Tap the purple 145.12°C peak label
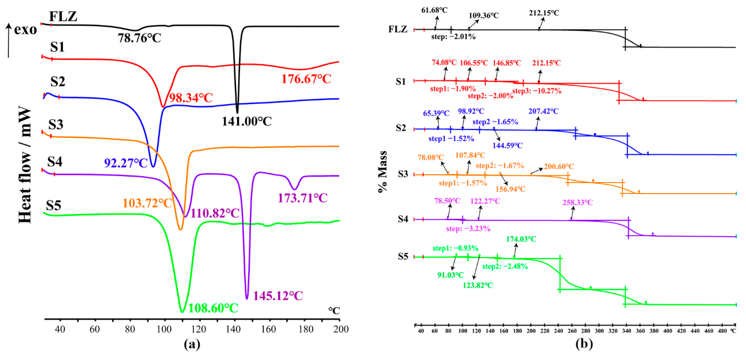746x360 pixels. [x=278, y=296]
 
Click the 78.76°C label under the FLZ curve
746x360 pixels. [x=139, y=38]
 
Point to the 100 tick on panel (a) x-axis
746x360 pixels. [x=164, y=329]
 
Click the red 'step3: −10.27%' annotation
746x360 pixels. [x=537, y=91]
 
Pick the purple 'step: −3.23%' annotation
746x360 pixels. [x=468, y=229]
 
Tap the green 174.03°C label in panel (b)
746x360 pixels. [x=521, y=239]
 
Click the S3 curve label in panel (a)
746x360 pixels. [x=56, y=125]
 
